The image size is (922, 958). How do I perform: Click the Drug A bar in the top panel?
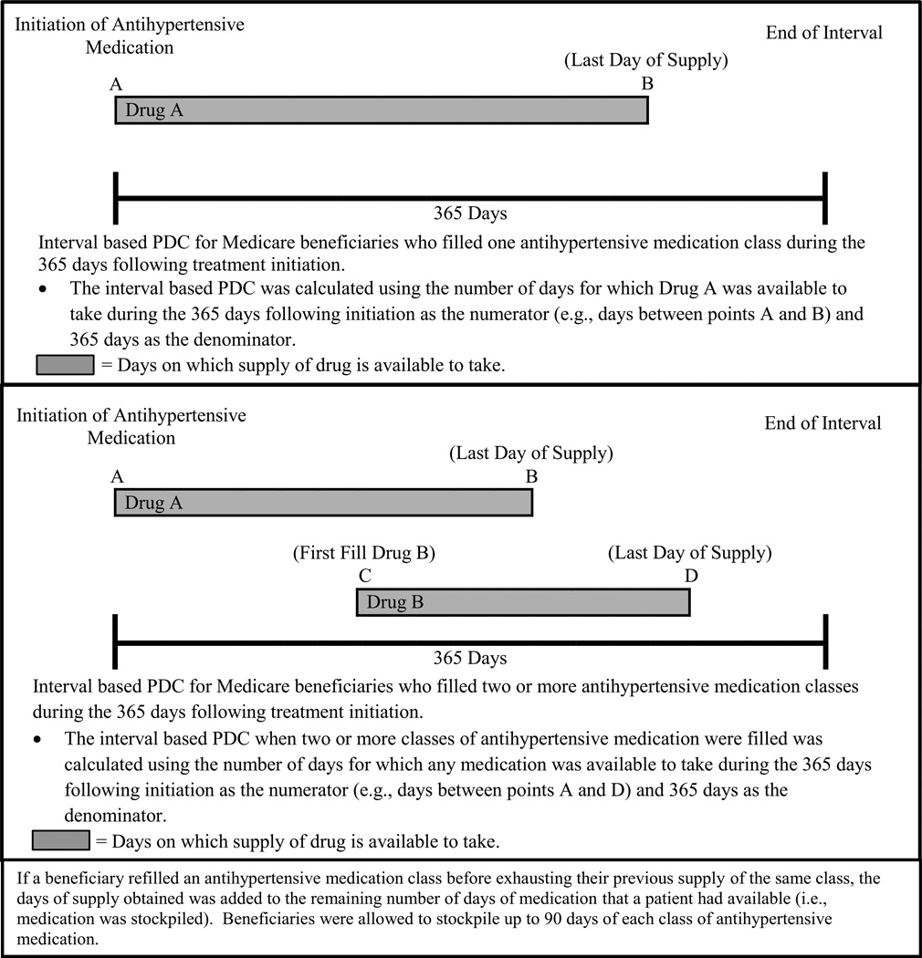(x=381, y=109)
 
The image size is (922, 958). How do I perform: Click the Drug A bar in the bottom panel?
(x=322, y=503)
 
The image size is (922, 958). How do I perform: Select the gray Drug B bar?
(x=522, y=602)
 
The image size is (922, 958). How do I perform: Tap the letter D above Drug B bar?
(x=690, y=577)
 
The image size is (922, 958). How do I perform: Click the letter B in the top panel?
(x=647, y=84)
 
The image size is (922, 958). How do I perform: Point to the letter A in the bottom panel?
(x=116, y=477)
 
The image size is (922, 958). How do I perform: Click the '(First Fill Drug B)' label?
(x=363, y=553)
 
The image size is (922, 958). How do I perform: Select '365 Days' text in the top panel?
(x=469, y=214)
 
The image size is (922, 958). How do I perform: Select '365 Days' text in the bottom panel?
(x=469, y=658)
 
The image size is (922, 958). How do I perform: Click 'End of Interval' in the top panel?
(x=823, y=34)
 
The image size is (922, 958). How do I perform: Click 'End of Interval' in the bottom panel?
(x=823, y=422)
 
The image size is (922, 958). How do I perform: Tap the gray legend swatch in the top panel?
(x=65, y=366)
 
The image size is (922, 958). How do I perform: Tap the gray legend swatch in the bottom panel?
(x=60, y=840)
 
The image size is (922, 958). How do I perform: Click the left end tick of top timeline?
(x=116, y=197)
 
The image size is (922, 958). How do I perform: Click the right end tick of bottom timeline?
(x=824, y=641)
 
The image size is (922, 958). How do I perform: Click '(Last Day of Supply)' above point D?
(x=689, y=553)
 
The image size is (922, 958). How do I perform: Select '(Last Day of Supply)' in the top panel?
(x=646, y=60)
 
